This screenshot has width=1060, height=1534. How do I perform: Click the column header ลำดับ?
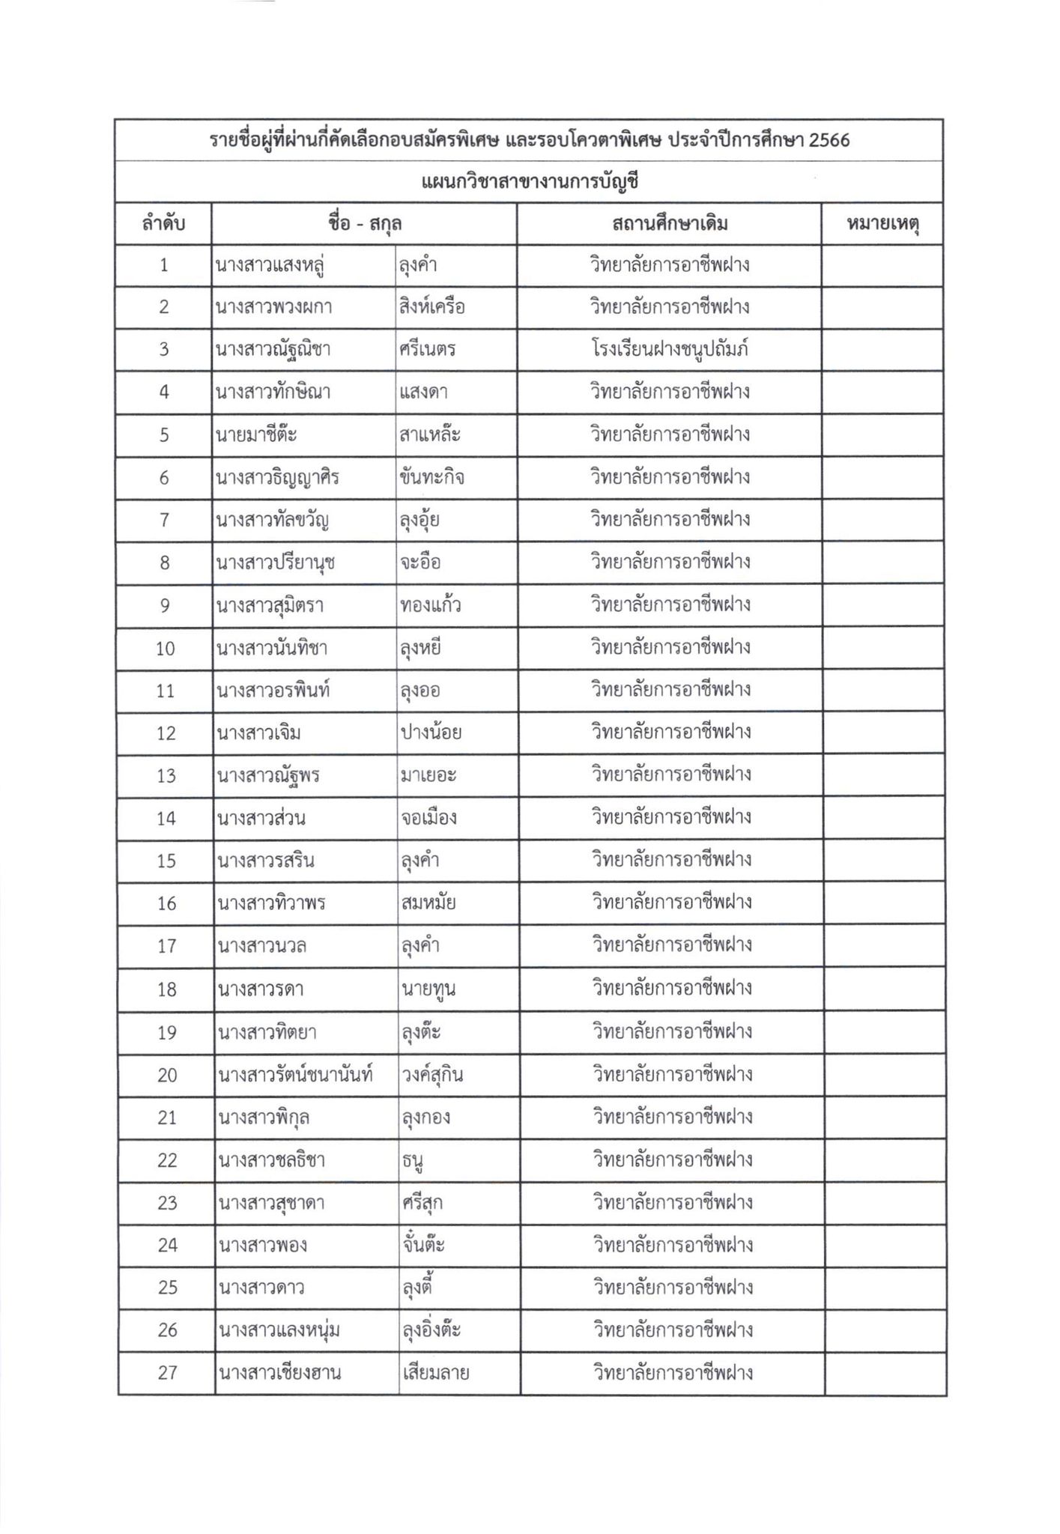click(163, 223)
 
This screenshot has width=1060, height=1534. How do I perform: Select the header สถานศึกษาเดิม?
click(670, 223)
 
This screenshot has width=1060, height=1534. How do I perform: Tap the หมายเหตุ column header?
click(882, 223)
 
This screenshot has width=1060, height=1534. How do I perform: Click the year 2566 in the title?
click(829, 140)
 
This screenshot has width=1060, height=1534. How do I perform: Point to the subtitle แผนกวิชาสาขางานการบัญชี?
click(530, 182)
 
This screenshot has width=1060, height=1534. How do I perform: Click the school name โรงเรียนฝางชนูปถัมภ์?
click(670, 350)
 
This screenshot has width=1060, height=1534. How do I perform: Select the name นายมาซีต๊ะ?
click(258, 435)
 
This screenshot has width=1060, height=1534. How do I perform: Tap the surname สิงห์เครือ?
click(433, 307)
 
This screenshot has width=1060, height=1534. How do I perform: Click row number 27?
click(167, 1372)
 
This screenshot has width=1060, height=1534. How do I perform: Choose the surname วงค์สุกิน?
click(431, 1075)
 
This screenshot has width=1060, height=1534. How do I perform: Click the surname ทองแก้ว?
click(431, 604)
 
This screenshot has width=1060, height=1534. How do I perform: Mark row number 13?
click(166, 775)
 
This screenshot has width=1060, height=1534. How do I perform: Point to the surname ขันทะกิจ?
click(432, 477)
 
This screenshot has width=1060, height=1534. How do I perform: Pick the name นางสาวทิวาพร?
click(271, 903)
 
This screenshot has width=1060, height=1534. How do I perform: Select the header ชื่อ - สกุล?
click(364, 223)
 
